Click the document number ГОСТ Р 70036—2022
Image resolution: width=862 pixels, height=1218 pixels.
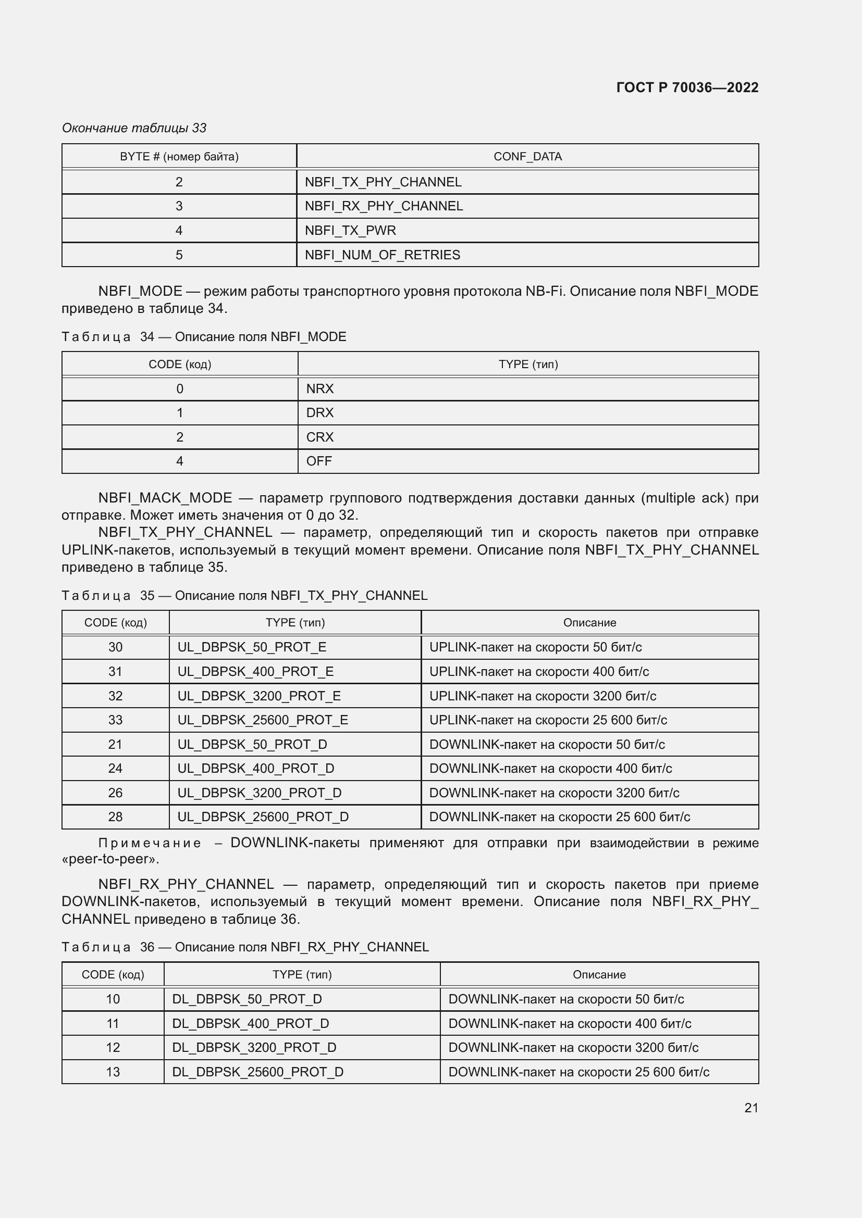(687, 87)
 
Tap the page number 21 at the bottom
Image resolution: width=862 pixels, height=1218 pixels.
(751, 1108)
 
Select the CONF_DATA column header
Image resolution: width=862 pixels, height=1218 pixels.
(527, 157)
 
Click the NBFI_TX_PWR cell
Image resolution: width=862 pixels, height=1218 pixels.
(350, 231)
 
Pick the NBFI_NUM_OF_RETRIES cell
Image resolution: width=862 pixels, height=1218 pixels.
(382, 255)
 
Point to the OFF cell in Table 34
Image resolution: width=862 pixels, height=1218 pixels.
(319, 461)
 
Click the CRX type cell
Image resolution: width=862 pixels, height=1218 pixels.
(320, 437)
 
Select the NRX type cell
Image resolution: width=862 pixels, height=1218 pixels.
(320, 389)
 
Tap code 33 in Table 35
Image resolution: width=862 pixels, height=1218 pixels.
(115, 720)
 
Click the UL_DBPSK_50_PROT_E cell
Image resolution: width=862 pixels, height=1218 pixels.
(252, 647)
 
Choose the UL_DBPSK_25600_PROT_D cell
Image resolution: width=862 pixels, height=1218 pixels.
(263, 817)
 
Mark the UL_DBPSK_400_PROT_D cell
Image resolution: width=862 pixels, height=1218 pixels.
(256, 768)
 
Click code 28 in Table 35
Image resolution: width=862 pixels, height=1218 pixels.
(115, 817)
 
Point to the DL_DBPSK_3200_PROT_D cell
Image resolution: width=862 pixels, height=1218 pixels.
(254, 1047)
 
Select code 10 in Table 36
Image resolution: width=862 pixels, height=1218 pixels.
(113, 999)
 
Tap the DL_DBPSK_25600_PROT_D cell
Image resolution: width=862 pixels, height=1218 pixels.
(257, 1072)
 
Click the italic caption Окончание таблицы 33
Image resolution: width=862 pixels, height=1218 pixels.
(134, 128)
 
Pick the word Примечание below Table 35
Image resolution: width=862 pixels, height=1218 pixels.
(150, 844)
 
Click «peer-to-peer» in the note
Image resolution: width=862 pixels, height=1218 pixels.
(110, 859)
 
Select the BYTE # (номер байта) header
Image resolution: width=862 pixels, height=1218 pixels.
(179, 157)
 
